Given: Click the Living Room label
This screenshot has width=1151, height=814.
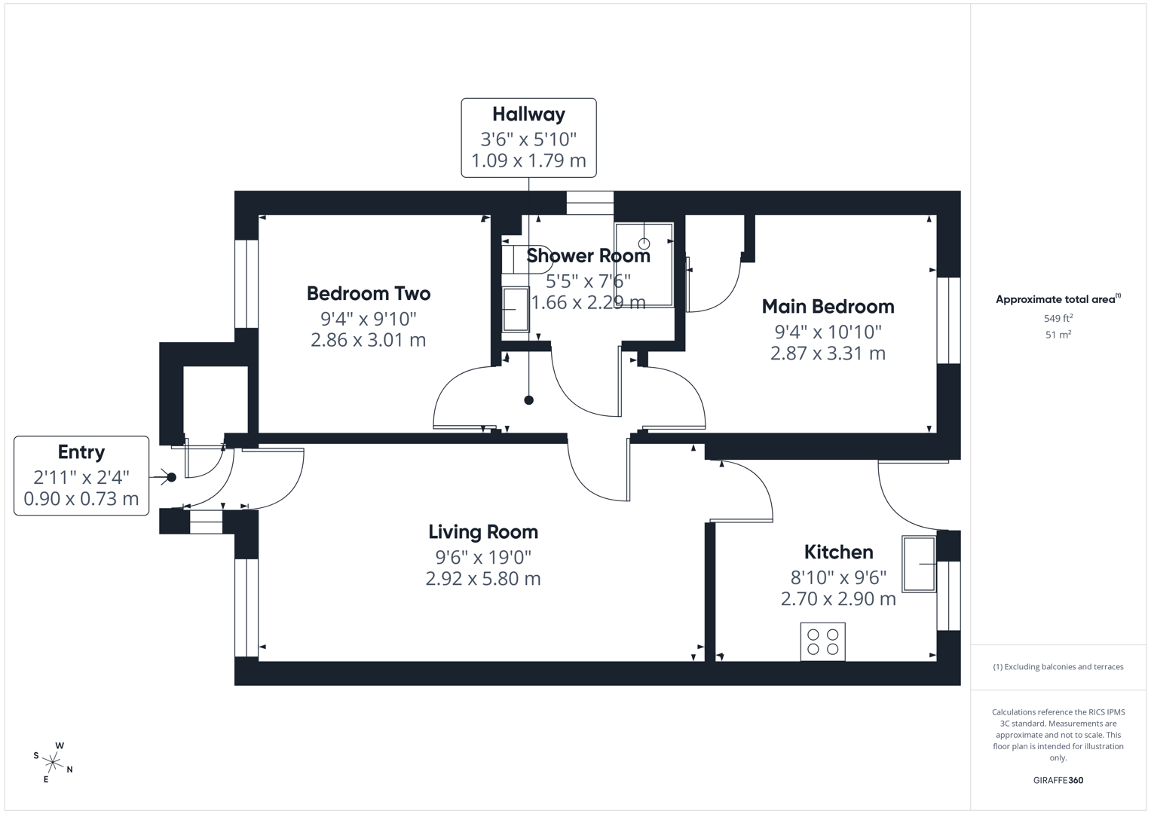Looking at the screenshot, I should [483, 531].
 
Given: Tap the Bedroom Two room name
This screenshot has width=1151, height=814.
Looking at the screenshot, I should [369, 293].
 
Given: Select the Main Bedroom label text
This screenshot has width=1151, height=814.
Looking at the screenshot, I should [828, 306].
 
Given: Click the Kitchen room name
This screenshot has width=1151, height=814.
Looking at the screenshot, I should [838, 552].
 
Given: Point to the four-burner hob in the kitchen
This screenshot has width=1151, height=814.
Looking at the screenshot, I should [822, 641].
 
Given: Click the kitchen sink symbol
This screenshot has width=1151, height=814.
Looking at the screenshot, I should [919, 564].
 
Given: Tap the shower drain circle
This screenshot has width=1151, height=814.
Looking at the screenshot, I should [644, 243].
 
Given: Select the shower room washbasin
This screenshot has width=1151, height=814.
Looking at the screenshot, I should [516, 309].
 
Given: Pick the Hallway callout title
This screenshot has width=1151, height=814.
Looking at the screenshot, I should [528, 115].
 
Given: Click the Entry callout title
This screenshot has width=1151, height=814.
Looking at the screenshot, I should [81, 452].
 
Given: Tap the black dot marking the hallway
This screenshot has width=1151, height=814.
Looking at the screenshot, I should [529, 400].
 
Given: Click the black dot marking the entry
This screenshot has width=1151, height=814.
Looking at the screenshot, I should [172, 477].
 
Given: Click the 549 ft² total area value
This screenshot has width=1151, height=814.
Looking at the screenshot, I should [1058, 318].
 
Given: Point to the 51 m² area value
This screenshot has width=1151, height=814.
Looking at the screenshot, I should [1058, 335].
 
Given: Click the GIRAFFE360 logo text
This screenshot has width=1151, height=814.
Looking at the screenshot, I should [1058, 780].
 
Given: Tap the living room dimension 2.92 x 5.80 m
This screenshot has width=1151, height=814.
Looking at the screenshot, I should [483, 579].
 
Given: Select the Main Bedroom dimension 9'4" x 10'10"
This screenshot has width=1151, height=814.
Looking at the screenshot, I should [828, 332].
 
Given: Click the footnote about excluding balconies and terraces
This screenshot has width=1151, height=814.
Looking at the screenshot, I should [1058, 667].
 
